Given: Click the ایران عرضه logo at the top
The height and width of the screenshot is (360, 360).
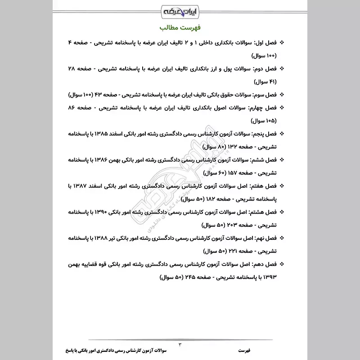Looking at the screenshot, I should click(180, 9).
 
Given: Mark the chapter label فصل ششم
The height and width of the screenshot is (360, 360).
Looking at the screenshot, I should click(265, 160).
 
